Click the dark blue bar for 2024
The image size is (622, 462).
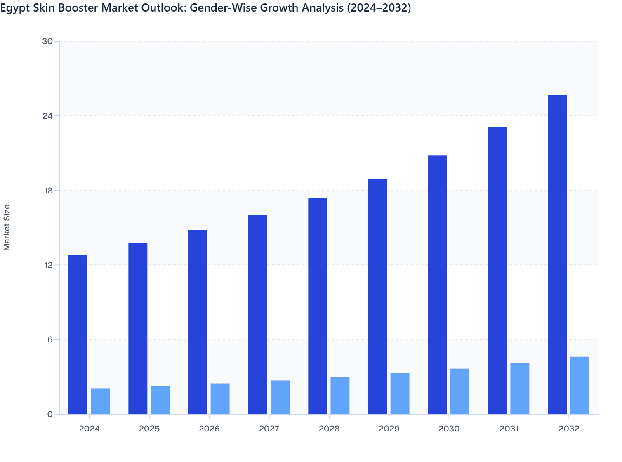coord(78,334)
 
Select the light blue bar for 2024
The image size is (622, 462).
coord(100,401)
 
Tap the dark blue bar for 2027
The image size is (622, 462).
coord(258,314)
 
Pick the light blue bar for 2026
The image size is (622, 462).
coord(220,398)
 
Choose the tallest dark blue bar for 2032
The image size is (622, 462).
coord(557,255)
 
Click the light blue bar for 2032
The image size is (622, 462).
coord(580,385)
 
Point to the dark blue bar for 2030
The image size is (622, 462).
coord(438,285)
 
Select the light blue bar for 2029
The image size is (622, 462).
coord(400,394)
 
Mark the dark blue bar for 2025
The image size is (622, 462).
coord(138,328)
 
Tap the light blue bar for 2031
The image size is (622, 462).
coord(520,388)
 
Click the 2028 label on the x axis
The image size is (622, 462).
coord(329,429)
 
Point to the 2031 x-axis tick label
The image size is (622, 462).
coord(509,429)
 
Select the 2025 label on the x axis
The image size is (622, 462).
coord(149,429)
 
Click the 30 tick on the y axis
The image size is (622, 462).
coord(47,41)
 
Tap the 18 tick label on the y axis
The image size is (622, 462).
coord(47,191)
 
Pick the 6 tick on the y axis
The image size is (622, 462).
coord(50,339)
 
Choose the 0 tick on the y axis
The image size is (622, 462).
coord(50,414)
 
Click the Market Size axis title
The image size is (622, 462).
coord(7,227)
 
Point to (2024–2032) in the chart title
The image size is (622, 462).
coord(379,8)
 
